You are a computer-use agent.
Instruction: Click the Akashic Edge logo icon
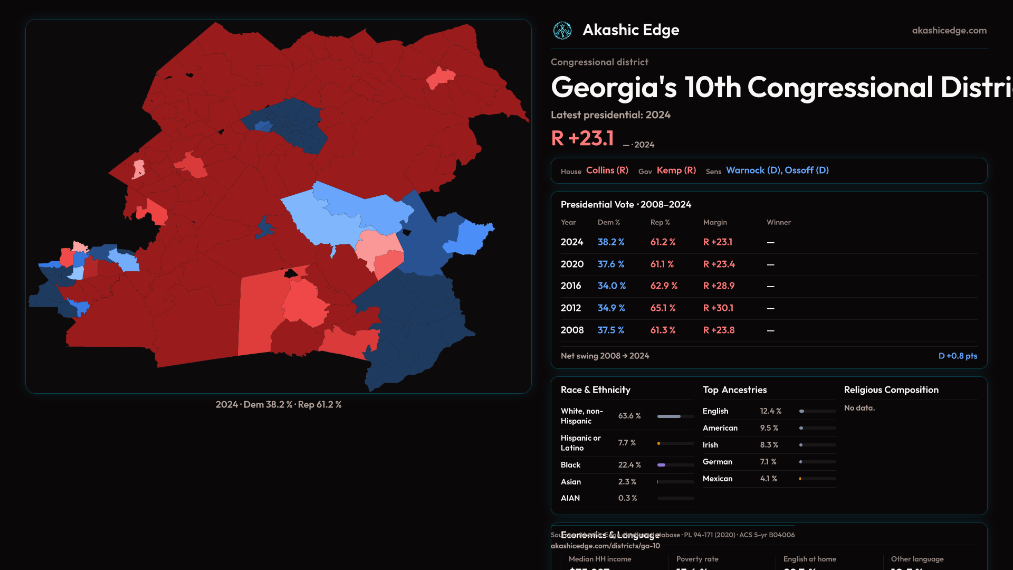[562, 31]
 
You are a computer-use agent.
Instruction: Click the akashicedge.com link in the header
[949, 31]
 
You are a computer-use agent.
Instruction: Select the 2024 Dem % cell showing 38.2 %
[610, 242]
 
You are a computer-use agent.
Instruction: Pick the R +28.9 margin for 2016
[719, 286]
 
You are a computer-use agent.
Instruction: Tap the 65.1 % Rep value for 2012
[663, 308]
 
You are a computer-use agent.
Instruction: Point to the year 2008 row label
[572, 330]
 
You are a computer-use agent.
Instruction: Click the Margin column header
[715, 223]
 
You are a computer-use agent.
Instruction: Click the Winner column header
[778, 223]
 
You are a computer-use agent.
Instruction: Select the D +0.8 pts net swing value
[958, 356]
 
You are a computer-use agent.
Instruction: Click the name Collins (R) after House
[607, 170]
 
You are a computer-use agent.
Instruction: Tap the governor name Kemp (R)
[676, 170]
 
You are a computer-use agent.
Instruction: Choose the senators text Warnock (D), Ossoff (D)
[777, 170]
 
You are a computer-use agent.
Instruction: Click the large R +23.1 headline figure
[582, 139]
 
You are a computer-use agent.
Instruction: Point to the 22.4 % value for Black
[629, 465]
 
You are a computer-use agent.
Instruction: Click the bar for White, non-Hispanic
[675, 416]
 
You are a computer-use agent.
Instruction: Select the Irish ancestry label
[710, 445]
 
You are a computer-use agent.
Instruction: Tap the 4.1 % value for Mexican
[768, 479]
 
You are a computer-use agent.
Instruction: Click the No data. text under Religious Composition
[859, 408]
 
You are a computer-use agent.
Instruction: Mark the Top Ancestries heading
[734, 390]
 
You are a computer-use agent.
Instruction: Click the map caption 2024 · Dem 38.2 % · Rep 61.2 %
[279, 405]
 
